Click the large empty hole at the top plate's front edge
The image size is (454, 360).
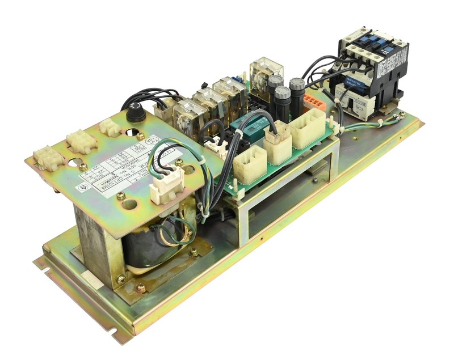point(129,204)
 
